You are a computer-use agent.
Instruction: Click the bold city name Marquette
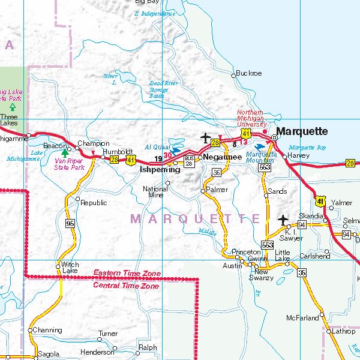point(302,131)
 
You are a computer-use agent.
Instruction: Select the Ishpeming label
point(160,170)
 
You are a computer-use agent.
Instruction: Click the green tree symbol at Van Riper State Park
point(65,153)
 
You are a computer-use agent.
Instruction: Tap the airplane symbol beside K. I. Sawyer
point(283,220)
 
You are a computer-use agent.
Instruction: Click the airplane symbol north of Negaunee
point(206,137)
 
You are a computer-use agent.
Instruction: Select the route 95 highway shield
point(70,223)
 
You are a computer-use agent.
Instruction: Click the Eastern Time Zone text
point(127,274)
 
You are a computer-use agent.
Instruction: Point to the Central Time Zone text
point(126,286)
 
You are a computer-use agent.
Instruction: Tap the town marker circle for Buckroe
point(233,75)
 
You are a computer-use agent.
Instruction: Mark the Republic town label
point(94,203)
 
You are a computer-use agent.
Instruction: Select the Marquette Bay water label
point(307,148)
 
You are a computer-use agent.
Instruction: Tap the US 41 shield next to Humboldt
point(131,160)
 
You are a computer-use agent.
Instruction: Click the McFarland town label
point(302,317)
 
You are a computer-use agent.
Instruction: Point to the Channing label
point(47,330)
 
